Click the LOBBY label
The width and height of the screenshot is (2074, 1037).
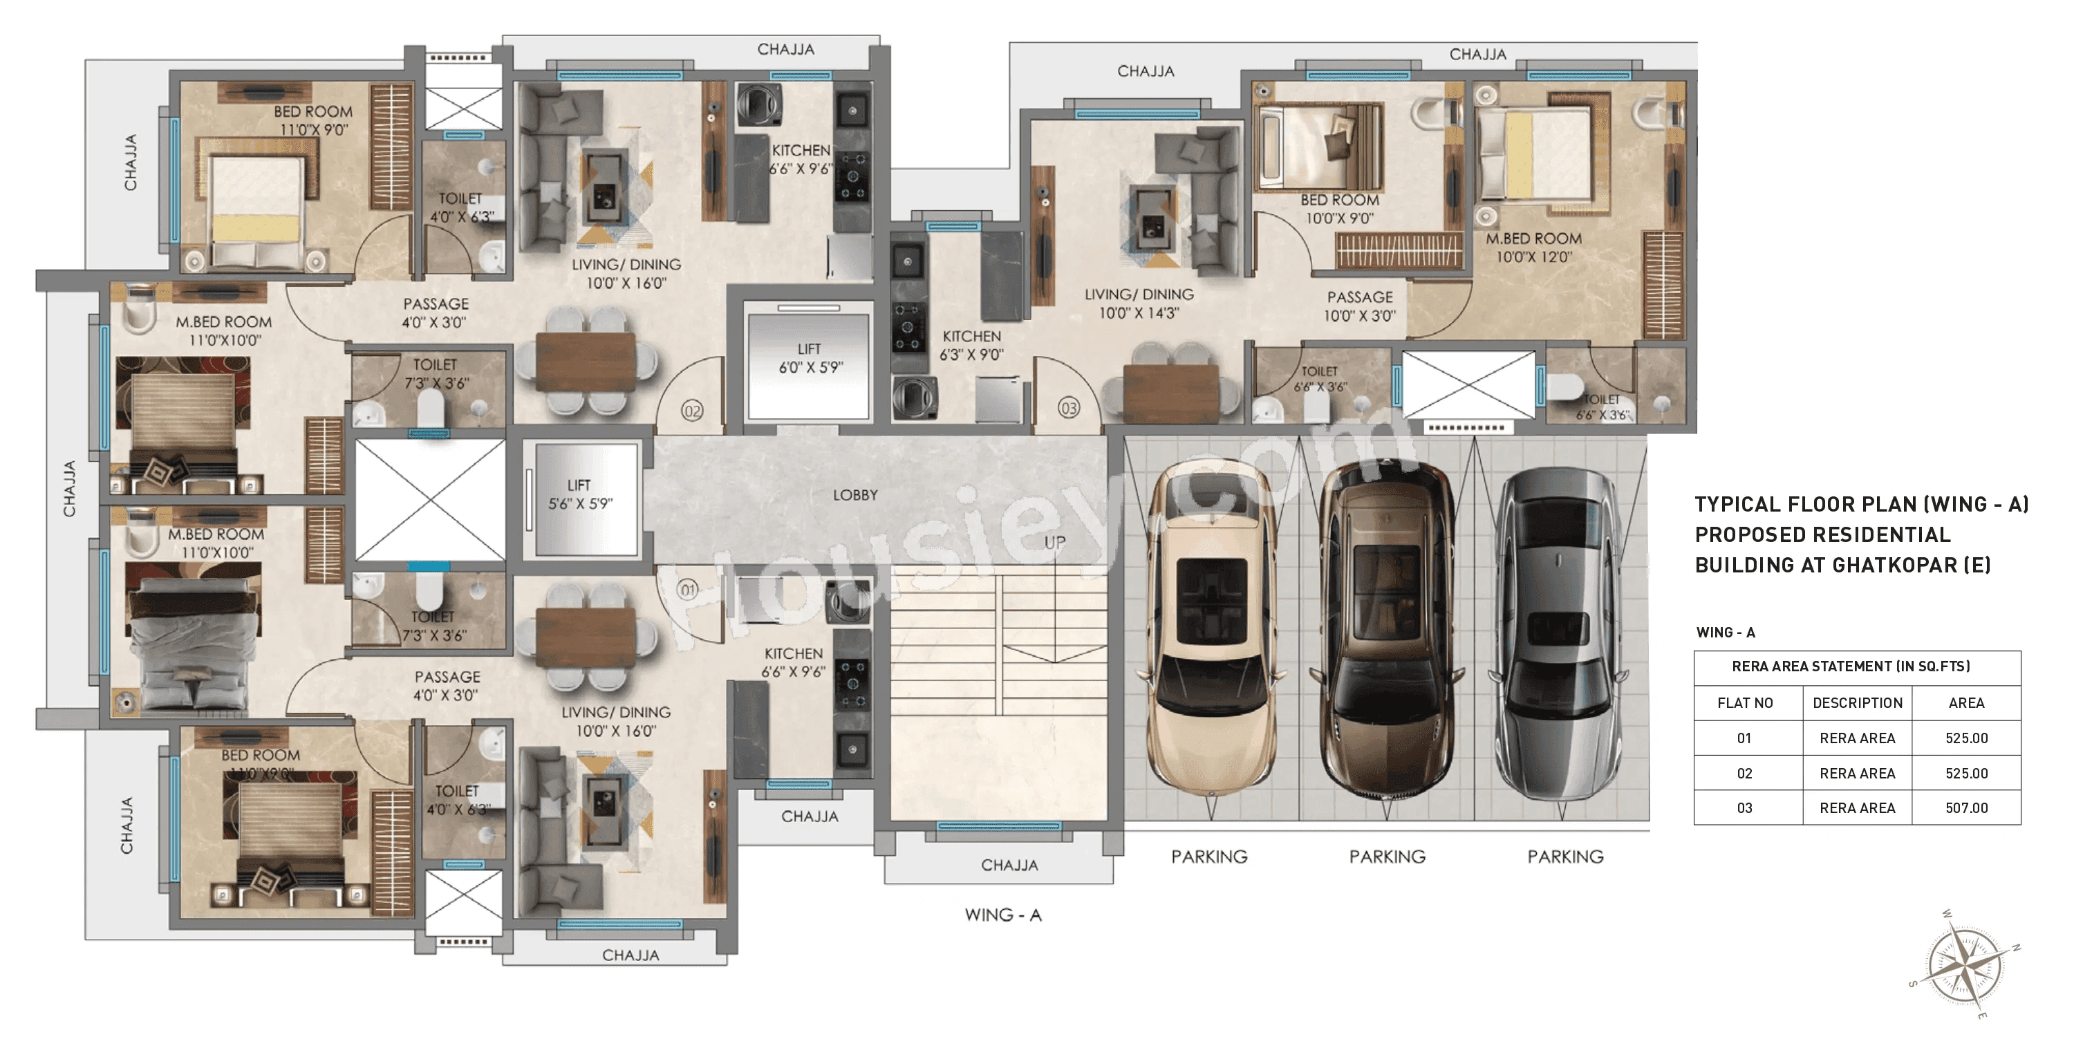[x=855, y=495]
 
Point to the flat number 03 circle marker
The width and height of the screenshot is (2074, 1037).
[x=1068, y=408]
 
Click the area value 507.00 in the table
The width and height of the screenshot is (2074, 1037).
[x=1966, y=807]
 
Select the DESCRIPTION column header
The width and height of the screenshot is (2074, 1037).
[x=1857, y=703]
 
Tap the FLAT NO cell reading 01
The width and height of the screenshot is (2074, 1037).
[x=1744, y=738]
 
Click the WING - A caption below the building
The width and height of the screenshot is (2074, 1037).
[x=1003, y=915]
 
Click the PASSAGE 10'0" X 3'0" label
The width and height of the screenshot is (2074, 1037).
[x=1359, y=307]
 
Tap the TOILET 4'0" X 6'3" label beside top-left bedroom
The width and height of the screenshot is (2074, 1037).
[x=460, y=207]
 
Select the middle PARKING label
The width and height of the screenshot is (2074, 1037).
[x=1388, y=857]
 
